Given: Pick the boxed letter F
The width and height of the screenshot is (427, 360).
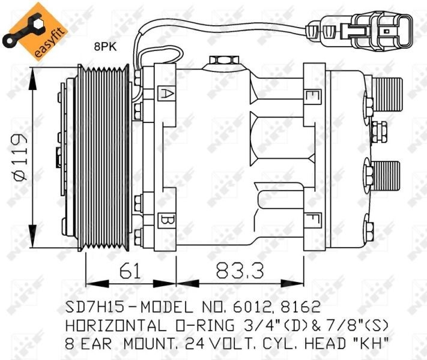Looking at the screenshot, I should (312, 220).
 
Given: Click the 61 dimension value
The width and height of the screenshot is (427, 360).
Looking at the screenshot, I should (130, 271).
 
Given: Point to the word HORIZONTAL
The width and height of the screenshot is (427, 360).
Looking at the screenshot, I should (114, 326).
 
